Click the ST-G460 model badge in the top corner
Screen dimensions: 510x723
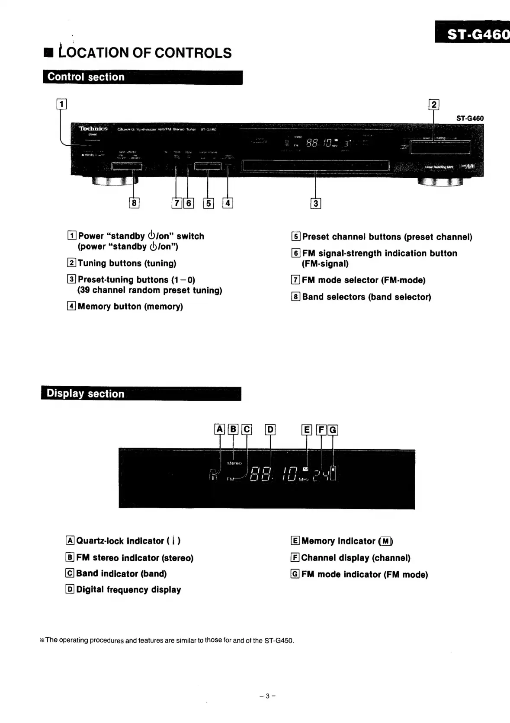[x=473, y=32]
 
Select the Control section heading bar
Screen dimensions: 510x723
[x=143, y=77]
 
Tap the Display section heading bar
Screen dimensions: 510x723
[x=141, y=394]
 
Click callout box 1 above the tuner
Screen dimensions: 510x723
[x=62, y=104]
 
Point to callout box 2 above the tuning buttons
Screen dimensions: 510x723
[x=433, y=105]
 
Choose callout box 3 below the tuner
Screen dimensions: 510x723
[x=316, y=203]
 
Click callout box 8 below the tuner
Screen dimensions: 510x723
[x=134, y=202]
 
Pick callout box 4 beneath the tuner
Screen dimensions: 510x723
[x=228, y=202]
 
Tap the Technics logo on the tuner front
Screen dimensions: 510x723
[x=93, y=129]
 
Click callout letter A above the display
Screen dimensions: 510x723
[x=220, y=429]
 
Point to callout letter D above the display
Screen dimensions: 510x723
[x=270, y=430]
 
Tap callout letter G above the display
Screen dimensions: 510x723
[x=333, y=430]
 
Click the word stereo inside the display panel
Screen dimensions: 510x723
[x=234, y=463]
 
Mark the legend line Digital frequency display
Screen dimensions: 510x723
[x=128, y=590]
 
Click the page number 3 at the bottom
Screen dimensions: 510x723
[x=267, y=696]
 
